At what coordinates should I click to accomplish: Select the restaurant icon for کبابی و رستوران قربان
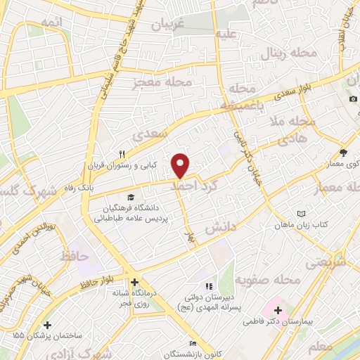coord(122,155)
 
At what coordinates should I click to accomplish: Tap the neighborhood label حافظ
coord(75,257)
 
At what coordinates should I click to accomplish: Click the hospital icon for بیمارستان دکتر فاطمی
coord(277,310)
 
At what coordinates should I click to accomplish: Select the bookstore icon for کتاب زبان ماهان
coord(302,213)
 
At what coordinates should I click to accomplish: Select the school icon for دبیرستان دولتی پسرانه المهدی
coord(207,286)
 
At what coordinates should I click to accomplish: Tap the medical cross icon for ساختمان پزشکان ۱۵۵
coord(47,325)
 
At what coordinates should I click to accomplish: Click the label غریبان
coord(169,24)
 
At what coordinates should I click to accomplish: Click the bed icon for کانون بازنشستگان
coord(193,342)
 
